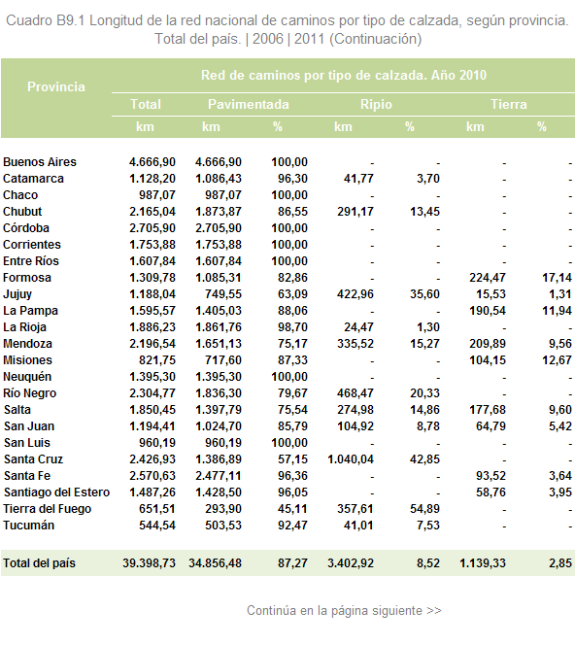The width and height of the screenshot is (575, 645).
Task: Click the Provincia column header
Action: pos(56,86)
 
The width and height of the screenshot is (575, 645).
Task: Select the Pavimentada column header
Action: pos(249,105)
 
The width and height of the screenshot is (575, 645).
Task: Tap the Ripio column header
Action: pos(376,105)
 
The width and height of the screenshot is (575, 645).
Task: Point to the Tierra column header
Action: pos(508,105)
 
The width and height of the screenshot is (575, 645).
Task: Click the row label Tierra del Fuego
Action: pos(48,509)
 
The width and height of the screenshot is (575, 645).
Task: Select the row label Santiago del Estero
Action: pos(56,492)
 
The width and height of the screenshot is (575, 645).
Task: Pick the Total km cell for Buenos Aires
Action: pos(152,162)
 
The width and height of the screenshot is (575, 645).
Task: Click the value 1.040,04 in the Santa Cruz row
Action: pos(351,459)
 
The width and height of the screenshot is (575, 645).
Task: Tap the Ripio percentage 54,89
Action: pos(424,509)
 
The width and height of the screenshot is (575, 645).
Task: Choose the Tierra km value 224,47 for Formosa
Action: pos(488,278)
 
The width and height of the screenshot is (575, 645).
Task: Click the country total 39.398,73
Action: pos(149,563)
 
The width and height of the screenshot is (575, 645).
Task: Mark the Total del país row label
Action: pos(40,563)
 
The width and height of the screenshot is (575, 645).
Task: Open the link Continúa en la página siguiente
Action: pos(344,610)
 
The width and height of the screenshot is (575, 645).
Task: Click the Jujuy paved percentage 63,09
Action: pos(292,294)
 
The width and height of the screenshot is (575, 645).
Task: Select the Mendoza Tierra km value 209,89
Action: pos(488,344)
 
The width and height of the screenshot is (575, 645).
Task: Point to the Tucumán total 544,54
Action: pos(157,526)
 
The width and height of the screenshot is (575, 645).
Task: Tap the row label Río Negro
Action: pos(29,393)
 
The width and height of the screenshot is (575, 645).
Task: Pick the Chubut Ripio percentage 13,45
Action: pos(424,212)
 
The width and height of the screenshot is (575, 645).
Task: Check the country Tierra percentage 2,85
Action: pos(560,563)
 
